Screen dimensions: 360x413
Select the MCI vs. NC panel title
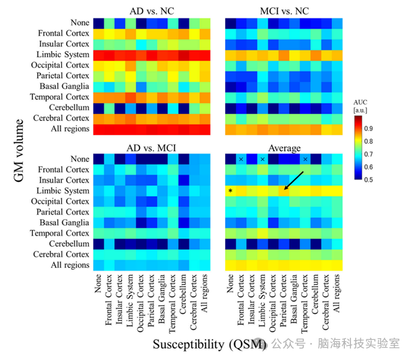282,10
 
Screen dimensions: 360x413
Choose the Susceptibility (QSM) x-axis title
207,344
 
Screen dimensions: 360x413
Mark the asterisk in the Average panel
230,191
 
